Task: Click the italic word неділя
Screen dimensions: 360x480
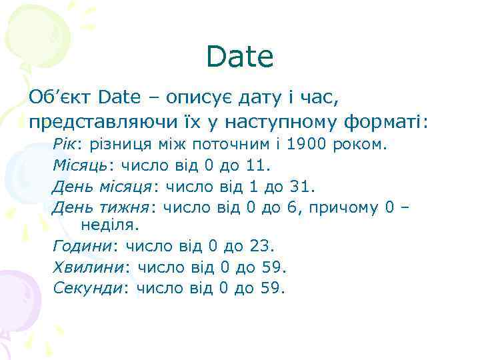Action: point(106,227)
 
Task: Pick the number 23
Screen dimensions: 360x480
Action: point(259,247)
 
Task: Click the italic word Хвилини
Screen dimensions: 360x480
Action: point(87,267)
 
